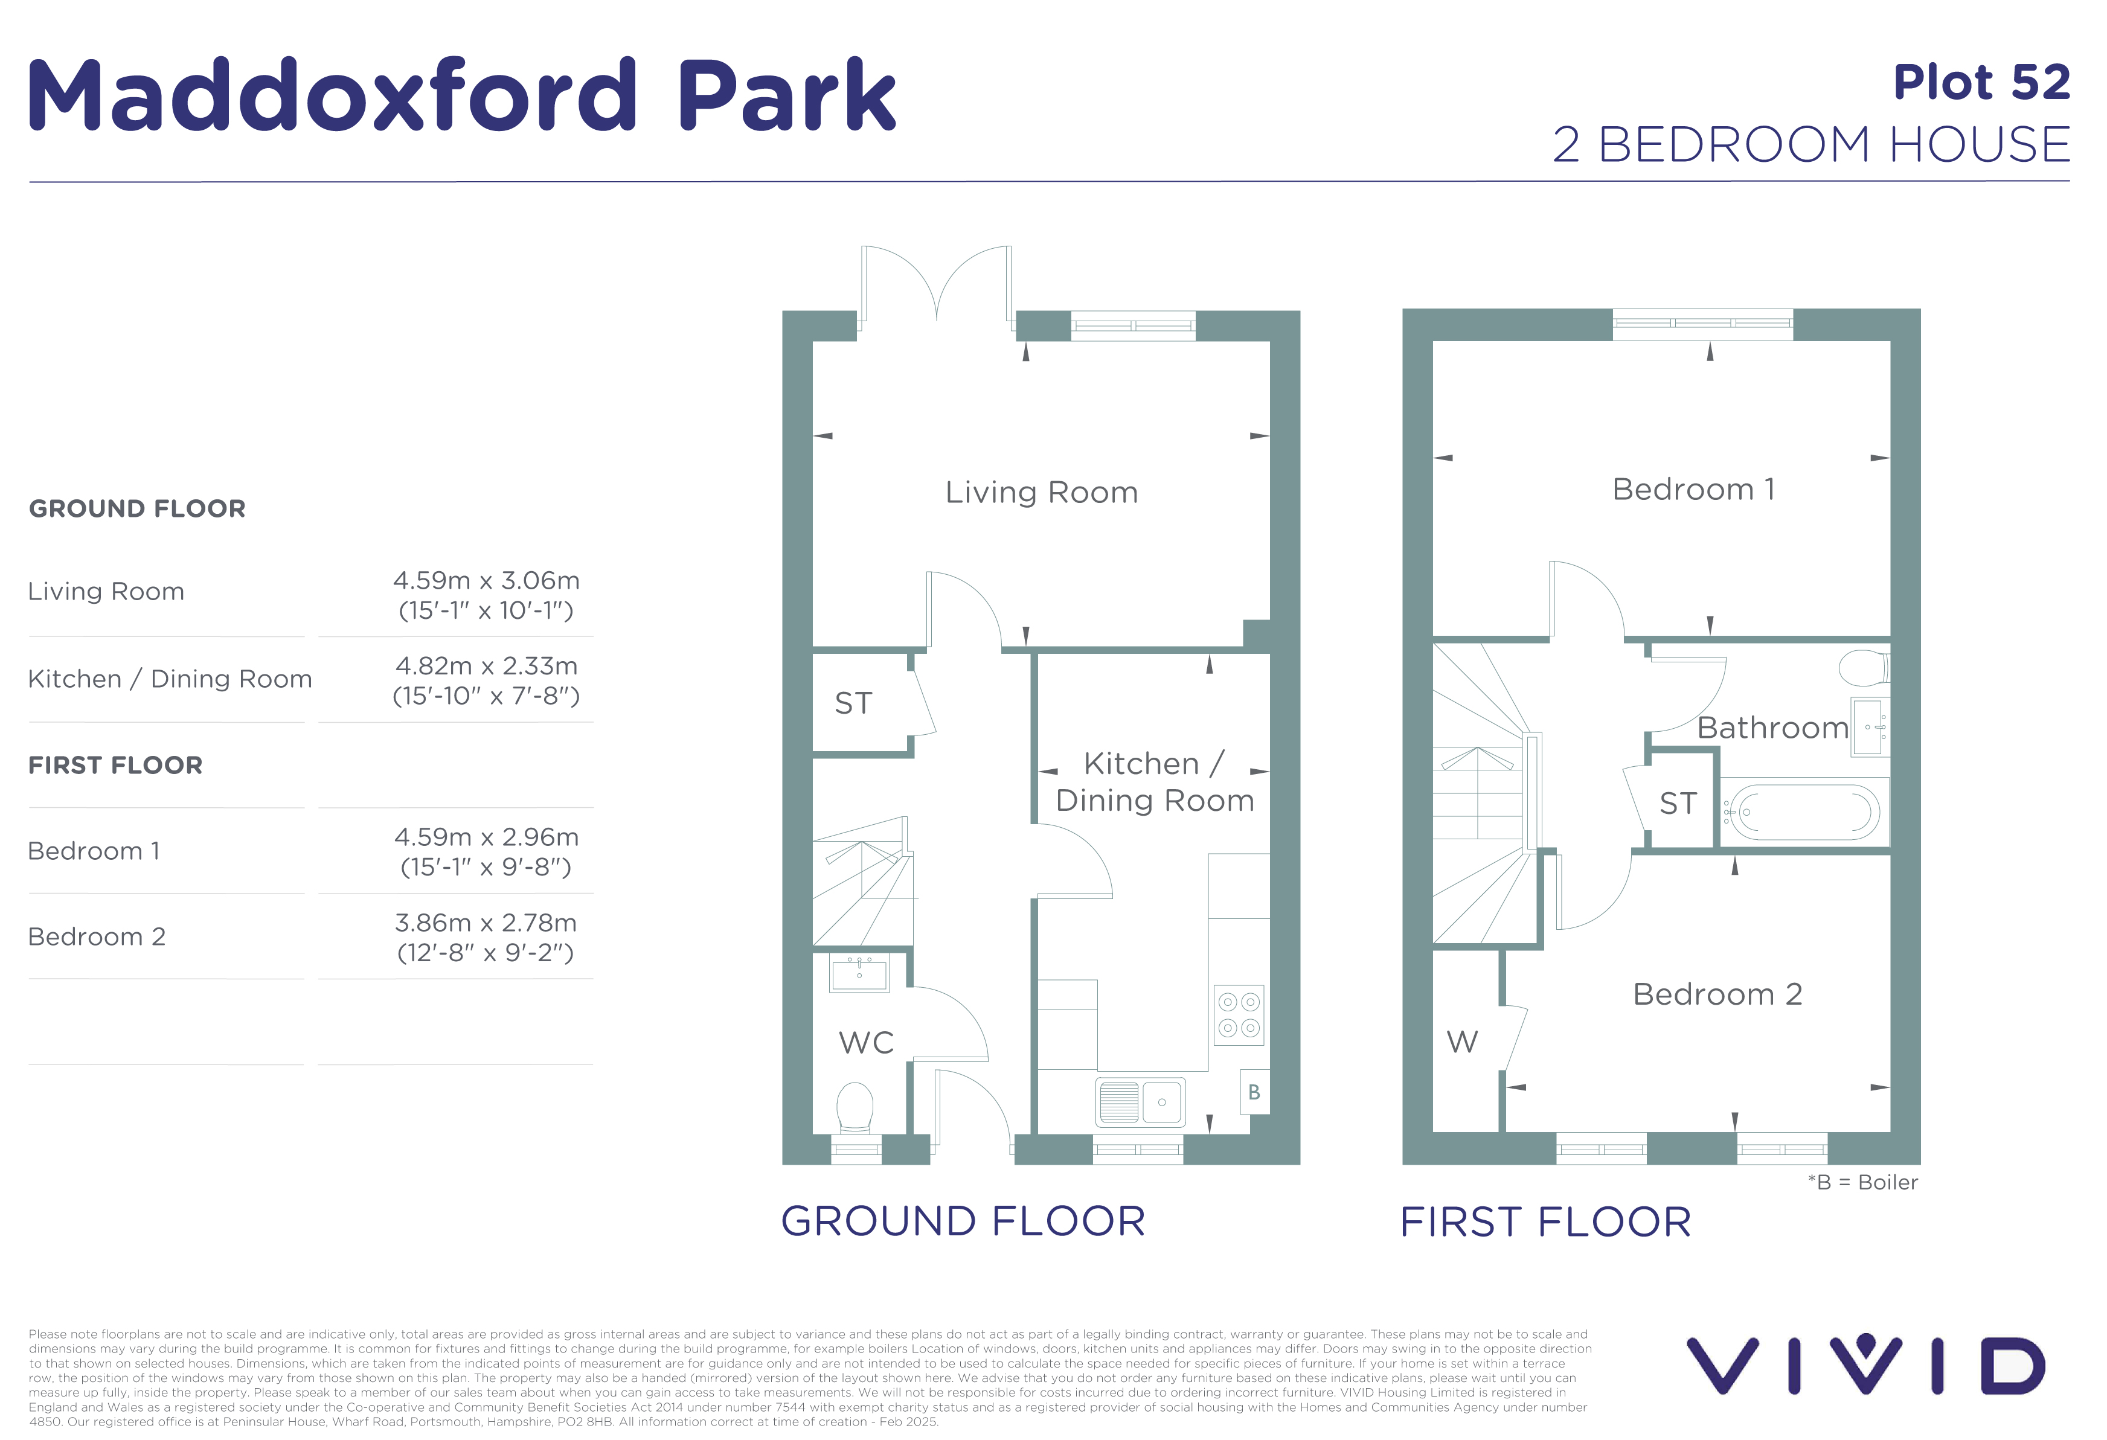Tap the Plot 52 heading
tap(1982, 83)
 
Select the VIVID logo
tap(1866, 1364)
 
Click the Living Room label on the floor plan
tap(1041, 492)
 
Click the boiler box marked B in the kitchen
tap(1255, 1092)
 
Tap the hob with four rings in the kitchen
tap(1239, 1015)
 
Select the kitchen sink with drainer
tap(1140, 1102)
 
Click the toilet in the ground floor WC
tap(854, 1107)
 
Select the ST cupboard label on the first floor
tap(1678, 804)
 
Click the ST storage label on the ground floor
tap(853, 703)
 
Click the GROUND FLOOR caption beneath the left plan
tap(963, 1221)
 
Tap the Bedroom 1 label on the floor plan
tap(1693, 490)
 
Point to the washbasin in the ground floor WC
tap(859, 973)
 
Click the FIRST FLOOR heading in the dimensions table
tap(115, 766)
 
